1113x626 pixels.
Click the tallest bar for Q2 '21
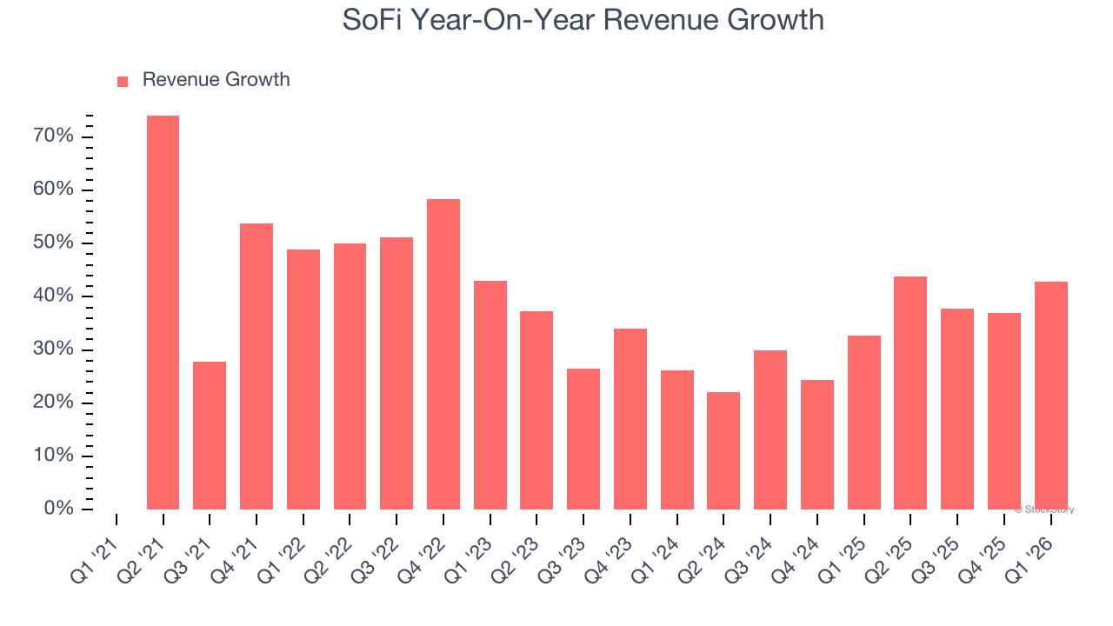coord(163,313)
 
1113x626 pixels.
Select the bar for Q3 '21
coord(210,436)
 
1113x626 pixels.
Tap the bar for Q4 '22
coord(443,354)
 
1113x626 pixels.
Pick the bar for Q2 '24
coord(723,450)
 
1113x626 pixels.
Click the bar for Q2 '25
coord(910,393)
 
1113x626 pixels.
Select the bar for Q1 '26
coord(1050,396)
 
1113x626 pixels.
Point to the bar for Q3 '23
coord(583,439)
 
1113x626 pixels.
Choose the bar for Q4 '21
coord(257,366)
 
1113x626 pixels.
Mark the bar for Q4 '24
coord(817,444)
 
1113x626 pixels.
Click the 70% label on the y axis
coord(53,137)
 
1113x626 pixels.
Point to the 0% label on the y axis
coord(58,509)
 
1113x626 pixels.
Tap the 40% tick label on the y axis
coord(53,296)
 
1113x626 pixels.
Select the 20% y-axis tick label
coord(53,403)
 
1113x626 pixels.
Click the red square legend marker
coord(123,81)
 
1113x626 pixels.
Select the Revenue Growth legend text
coord(216,80)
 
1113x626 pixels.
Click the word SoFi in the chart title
coord(373,19)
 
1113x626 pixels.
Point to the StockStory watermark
coord(1044,509)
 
